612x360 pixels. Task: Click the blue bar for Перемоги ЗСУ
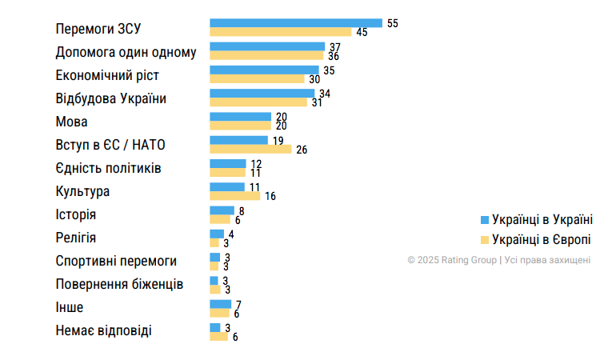pyautogui.click(x=295, y=23)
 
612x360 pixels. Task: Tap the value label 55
pyautogui.click(x=392, y=23)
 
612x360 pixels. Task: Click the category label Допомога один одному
pyautogui.click(x=126, y=53)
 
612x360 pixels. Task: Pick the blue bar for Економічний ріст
pyautogui.click(x=264, y=70)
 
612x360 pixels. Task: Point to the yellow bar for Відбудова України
pyautogui.click(x=258, y=102)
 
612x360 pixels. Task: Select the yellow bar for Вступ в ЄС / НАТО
pyautogui.click(x=250, y=149)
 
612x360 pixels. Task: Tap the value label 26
pyautogui.click(x=302, y=150)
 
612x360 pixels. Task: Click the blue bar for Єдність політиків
pyautogui.click(x=228, y=163)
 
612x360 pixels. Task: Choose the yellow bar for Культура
pyautogui.click(x=234, y=195)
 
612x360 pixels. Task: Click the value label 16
pyautogui.click(x=270, y=196)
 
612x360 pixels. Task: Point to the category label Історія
pyautogui.click(x=77, y=215)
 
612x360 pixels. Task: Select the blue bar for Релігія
pyautogui.click(x=216, y=234)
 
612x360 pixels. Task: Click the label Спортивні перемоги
pyautogui.click(x=116, y=262)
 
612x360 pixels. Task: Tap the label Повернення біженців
pyautogui.click(x=119, y=285)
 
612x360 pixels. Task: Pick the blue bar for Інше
pyautogui.click(x=220, y=303)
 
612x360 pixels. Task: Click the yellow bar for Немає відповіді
pyautogui.click(x=218, y=337)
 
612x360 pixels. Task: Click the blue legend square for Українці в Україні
pyautogui.click(x=484, y=219)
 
